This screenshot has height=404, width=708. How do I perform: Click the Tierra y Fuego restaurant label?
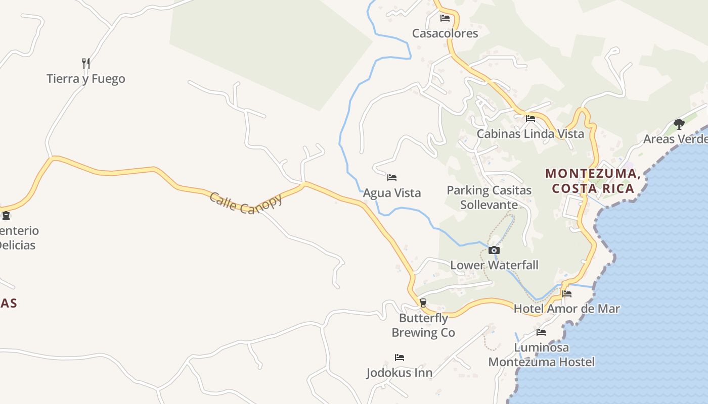coord(86,79)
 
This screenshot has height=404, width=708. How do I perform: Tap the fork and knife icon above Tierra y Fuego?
coord(86,63)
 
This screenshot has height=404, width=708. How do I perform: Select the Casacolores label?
coord(445,33)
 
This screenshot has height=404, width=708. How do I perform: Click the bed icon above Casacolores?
coord(445,18)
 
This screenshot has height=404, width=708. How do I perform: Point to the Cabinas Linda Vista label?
coord(530,134)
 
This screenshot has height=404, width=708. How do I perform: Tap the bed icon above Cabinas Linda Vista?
coord(530,119)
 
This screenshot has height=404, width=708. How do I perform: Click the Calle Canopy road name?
coord(246,203)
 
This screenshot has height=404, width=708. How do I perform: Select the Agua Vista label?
coord(392,193)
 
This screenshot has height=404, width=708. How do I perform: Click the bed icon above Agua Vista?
coord(392,178)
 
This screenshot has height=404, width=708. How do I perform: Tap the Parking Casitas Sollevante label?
coord(489,197)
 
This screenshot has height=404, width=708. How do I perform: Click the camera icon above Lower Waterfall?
coord(494,250)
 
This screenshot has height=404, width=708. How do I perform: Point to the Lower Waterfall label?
coord(494,265)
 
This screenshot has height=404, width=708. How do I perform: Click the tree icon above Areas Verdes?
coord(679,124)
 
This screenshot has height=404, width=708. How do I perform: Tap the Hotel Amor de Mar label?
coord(567,309)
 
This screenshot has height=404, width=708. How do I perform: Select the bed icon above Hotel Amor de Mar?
coord(567,293)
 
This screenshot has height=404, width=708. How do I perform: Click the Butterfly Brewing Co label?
coord(424,325)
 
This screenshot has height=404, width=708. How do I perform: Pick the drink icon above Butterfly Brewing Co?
coord(423,302)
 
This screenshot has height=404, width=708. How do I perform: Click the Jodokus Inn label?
coord(400,373)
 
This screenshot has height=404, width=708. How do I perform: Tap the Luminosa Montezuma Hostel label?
coord(541,355)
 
